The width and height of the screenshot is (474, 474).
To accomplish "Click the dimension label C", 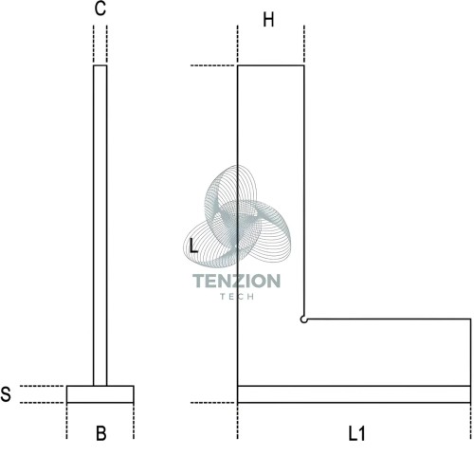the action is point(100,9).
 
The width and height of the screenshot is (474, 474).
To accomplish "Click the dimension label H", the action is point(268,20).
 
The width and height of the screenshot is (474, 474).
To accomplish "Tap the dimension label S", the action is point(6,394).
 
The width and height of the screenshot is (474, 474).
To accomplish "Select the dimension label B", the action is point(100,433).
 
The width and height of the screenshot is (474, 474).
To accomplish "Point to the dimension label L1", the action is point(356,433).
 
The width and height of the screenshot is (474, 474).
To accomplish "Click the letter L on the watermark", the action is point(193,246).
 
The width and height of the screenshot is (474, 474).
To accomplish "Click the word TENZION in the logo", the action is point(236,281).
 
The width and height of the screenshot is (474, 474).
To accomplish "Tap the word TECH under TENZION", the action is point(237,297).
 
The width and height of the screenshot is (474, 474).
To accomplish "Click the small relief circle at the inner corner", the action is point(303,319).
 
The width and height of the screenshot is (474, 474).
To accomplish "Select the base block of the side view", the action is point(100,394).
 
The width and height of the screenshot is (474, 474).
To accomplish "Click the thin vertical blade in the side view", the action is point(100,226).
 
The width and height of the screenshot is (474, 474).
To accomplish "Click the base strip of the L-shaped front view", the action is point(354,394).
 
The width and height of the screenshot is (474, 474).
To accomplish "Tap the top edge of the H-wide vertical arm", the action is point(271,65).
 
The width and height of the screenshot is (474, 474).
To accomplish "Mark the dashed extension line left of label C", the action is point(94,45).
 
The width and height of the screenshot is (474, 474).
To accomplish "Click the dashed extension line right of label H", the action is point(304,45).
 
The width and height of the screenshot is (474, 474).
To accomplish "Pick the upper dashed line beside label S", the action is point(42,386).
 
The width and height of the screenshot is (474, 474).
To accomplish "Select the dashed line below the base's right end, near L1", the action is point(470,422).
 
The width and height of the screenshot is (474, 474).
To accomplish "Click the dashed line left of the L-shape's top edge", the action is point(212,65).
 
